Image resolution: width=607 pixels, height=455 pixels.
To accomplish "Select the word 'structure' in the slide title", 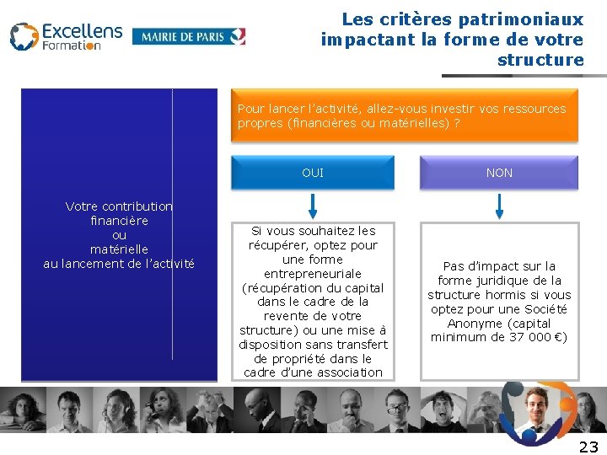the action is point(540,60).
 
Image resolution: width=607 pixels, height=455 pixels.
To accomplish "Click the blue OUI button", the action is point(312,173).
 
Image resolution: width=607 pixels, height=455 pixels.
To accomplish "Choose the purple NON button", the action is point(499,173).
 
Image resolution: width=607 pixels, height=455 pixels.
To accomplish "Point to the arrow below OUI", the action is point(313,205).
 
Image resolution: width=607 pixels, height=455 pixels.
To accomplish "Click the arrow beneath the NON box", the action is point(500,205).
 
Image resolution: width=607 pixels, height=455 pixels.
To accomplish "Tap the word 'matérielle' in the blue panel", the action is point(119,249).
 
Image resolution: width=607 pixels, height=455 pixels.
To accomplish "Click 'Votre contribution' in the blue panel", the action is point(119,206).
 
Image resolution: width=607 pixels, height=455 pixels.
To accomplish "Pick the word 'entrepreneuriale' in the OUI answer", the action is point(313,273).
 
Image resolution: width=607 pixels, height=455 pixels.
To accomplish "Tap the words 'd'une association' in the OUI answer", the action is point(337,372).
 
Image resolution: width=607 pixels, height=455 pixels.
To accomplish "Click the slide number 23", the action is point(588,446).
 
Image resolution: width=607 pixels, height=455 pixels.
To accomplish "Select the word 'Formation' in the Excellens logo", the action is point(72,45).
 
